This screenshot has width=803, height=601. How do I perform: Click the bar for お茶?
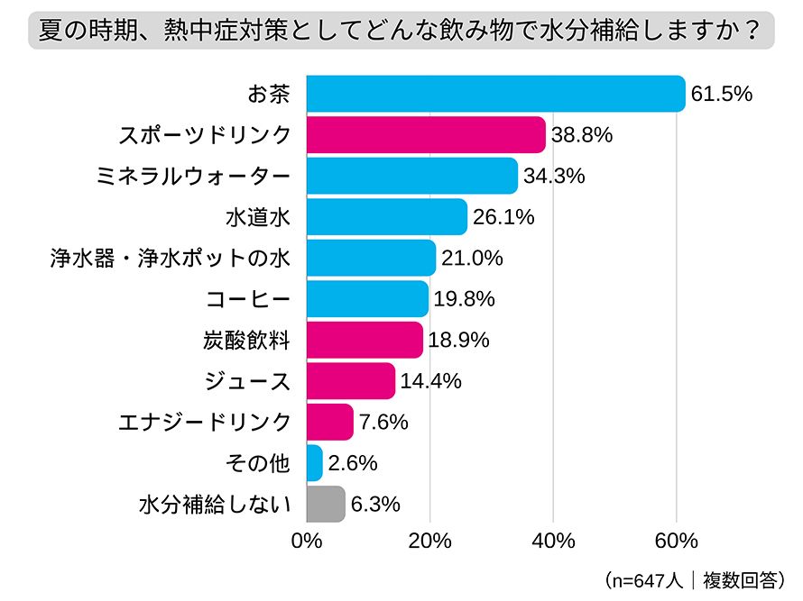pos(495,94)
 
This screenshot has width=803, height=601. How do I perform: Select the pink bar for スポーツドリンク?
pos(426,135)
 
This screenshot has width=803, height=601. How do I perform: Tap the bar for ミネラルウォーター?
pos(412,176)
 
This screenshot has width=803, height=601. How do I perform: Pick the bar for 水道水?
pos(387,217)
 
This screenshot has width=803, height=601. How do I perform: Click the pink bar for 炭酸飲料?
pos(365,340)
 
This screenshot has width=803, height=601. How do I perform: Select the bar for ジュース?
pos(351,380)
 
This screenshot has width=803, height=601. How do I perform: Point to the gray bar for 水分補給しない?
pos(326,504)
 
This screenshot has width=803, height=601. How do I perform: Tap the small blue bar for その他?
pos(315,463)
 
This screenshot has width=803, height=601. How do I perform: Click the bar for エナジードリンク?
pos(330,422)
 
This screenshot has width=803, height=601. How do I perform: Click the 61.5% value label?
pos(721,94)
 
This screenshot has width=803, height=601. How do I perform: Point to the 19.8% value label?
pos(464,299)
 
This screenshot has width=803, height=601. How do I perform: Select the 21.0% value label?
pos(471,259)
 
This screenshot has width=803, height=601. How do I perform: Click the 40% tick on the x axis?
pos(553,541)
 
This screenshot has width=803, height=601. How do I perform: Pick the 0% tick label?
pos(308,541)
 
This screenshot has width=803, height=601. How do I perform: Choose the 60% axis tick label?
pos(676,541)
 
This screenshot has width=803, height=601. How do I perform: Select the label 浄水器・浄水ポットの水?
pos(169,259)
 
